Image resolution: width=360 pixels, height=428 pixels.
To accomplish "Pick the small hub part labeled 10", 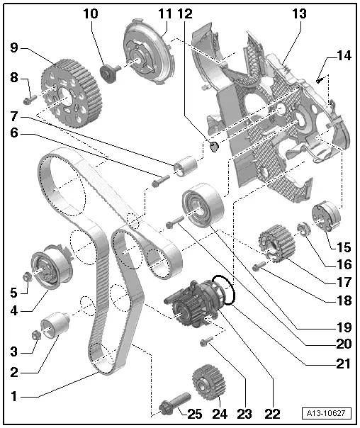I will coord(111,72).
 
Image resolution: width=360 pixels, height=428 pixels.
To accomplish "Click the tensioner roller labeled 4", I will coord(47,270).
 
